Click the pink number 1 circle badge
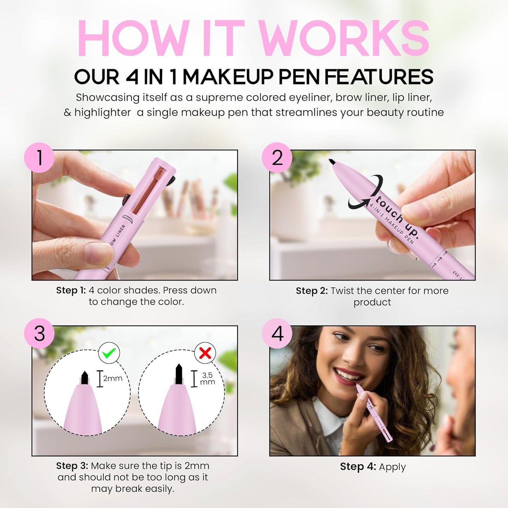point(39,157)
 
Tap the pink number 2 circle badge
point(277,157)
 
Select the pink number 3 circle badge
point(39,333)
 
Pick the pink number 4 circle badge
point(277,333)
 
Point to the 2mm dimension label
point(112,378)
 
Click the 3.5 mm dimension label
point(207,379)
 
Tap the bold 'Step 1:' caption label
point(71,290)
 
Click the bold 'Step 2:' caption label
point(311,291)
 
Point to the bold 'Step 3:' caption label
point(72,466)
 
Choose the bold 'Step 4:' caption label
point(355,467)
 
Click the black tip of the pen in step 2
point(331,162)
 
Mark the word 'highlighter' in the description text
point(103,112)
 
